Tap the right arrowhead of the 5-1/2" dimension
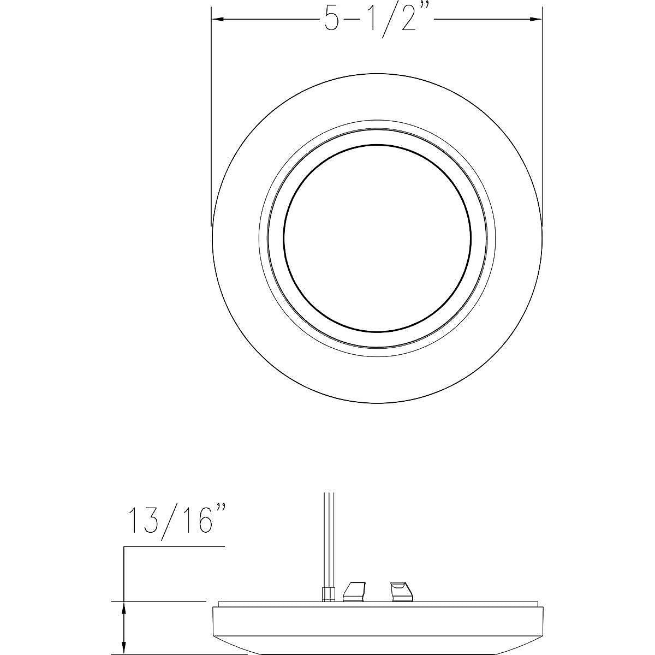tap(535, 20)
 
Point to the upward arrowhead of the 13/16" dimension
tap(124, 608)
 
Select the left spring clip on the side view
tap(353, 591)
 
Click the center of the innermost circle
tap(377, 237)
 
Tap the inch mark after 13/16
tap(219, 510)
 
